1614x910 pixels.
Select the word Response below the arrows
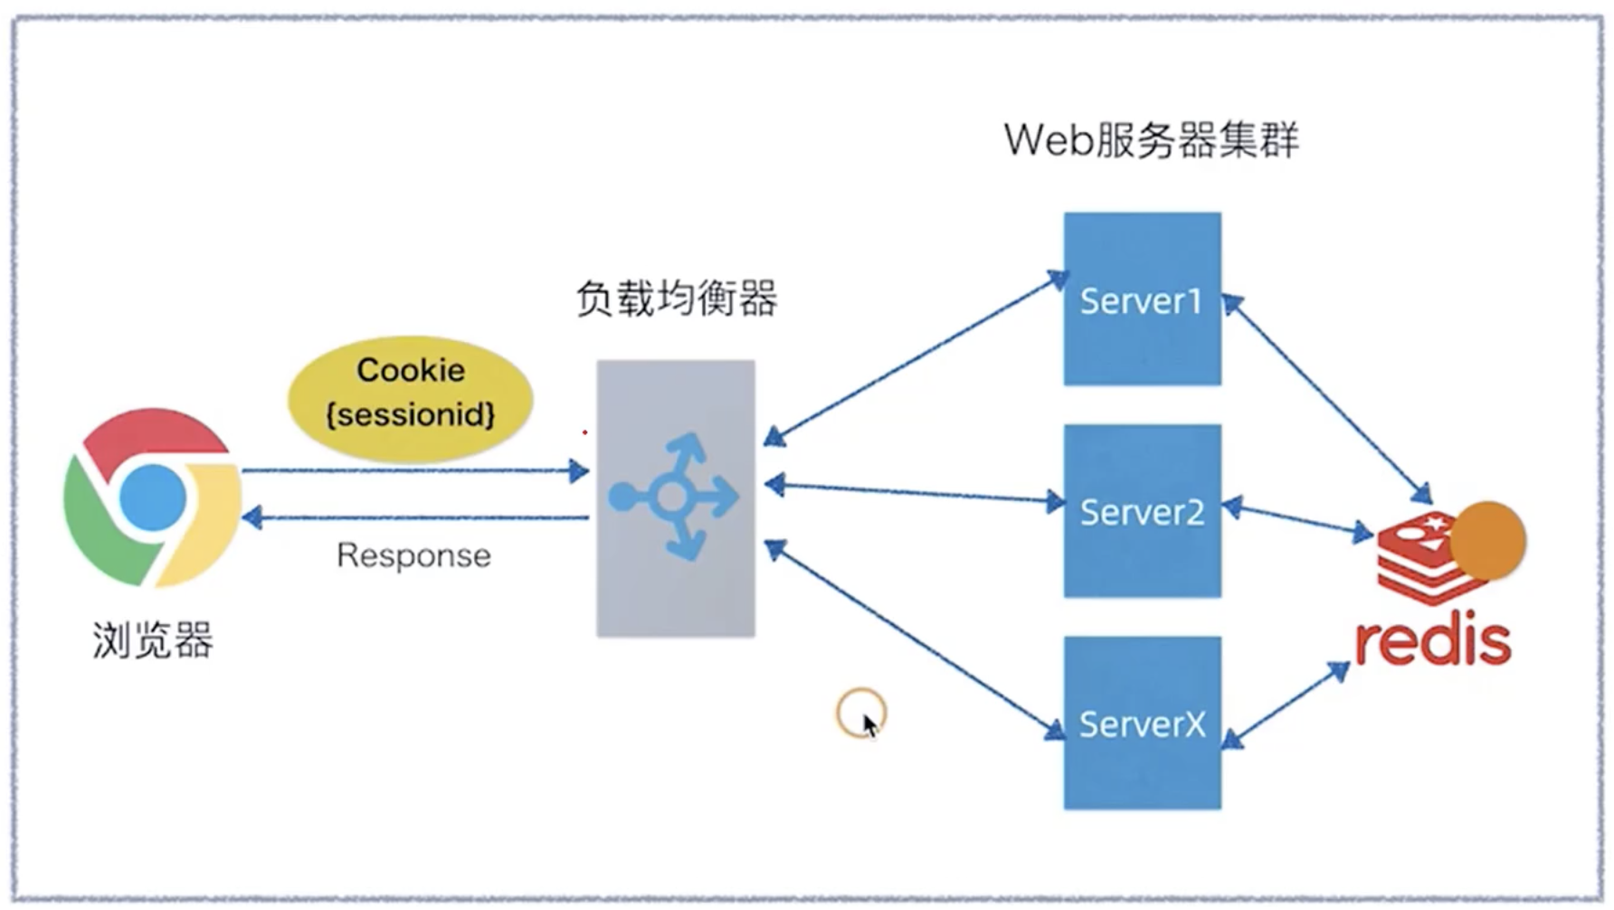413,555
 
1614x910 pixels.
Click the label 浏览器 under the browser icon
152,640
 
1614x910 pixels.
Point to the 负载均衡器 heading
676,298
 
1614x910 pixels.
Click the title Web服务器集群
1151,139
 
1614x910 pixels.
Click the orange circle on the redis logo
1488,540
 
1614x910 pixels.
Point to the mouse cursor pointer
869,725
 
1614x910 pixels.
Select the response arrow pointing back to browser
416,517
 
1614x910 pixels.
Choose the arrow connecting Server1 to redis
1326,399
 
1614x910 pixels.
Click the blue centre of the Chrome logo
152,498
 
